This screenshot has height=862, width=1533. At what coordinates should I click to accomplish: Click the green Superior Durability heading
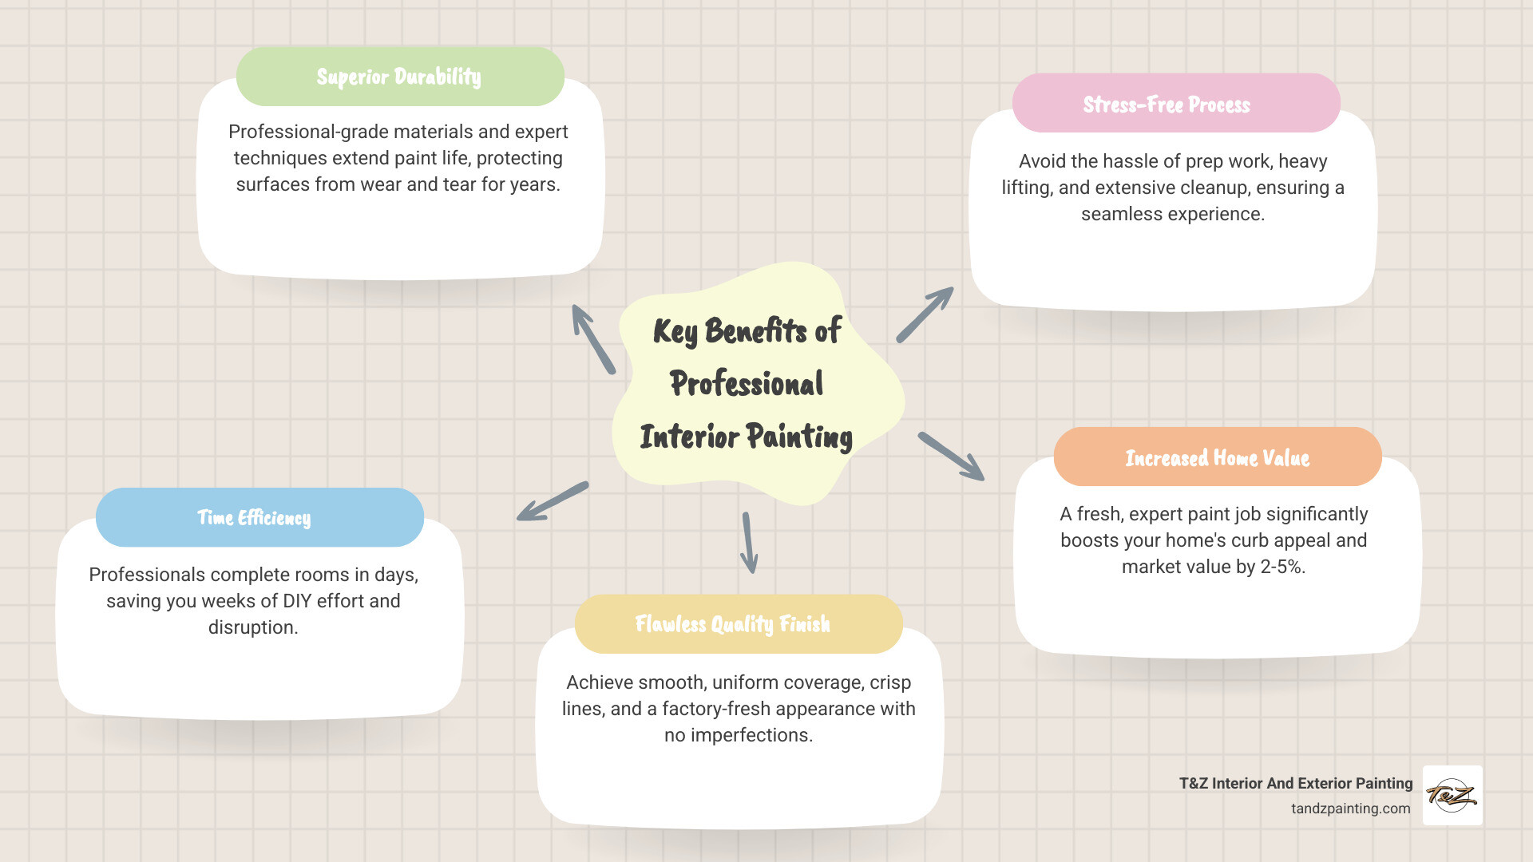[x=399, y=77]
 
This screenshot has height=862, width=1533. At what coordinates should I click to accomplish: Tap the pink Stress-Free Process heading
[x=1167, y=105]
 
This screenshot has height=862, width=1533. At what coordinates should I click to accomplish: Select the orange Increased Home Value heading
[x=1217, y=458]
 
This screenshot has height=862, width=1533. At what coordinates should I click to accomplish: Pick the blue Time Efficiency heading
[x=254, y=518]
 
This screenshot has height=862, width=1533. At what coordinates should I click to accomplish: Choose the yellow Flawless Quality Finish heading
[x=732, y=624]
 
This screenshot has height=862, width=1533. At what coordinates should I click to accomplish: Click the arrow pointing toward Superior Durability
[x=592, y=338]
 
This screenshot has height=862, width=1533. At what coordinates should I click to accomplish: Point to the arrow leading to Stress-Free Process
[x=925, y=314]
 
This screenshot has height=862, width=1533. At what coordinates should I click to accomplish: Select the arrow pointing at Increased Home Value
[x=951, y=456]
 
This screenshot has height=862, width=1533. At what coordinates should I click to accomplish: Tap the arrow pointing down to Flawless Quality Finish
[x=748, y=543]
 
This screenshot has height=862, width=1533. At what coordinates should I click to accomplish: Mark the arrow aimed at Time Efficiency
[x=553, y=501]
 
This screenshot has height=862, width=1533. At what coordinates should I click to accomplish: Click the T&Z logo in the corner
[x=1452, y=795]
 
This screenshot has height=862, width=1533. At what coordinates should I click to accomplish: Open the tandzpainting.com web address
[x=1350, y=809]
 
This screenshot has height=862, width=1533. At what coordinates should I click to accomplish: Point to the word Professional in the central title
[x=747, y=384]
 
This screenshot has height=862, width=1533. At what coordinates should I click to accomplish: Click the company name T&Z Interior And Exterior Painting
[x=1295, y=784]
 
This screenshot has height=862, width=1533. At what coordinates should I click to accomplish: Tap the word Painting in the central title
[x=799, y=437]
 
